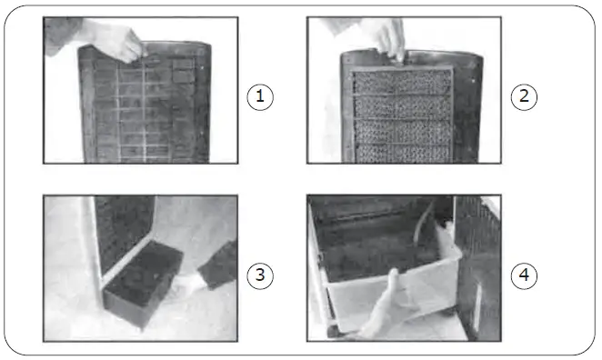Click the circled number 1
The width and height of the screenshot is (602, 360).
pos(261,95)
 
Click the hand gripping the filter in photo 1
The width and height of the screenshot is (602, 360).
pos(118,42)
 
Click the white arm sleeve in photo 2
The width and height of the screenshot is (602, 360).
pos(359,23)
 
